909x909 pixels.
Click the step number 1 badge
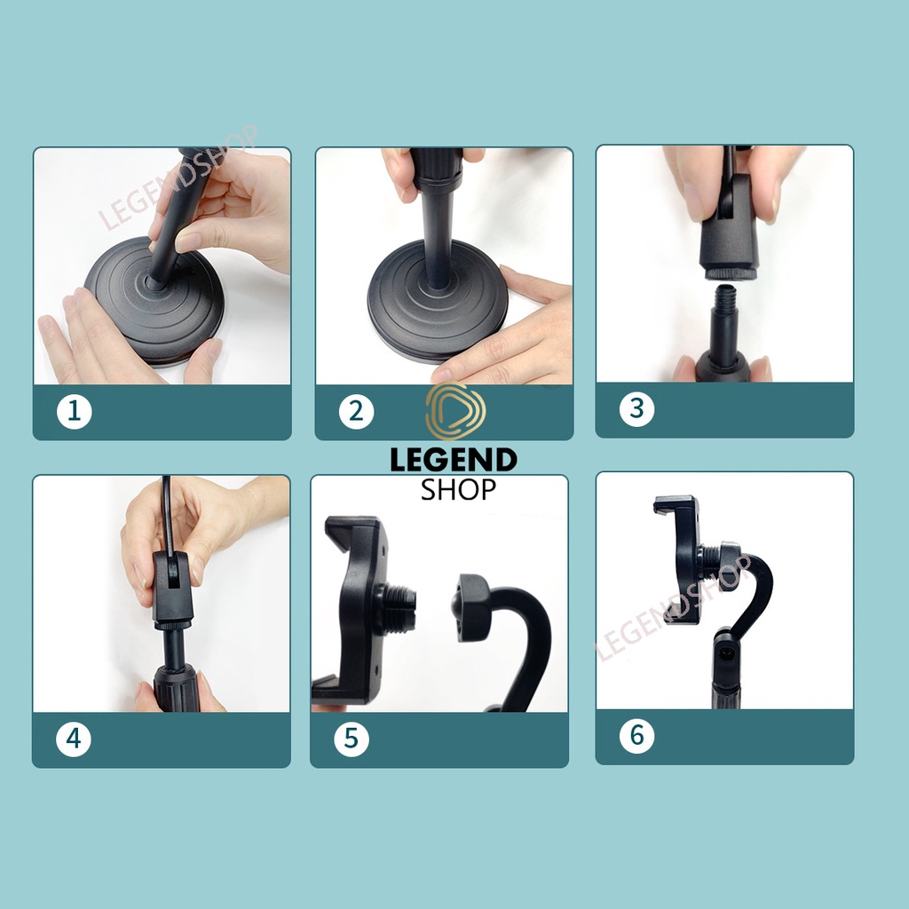pyautogui.click(x=75, y=411)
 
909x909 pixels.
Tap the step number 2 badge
pyautogui.click(x=356, y=411)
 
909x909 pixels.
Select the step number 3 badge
pyautogui.click(x=636, y=408)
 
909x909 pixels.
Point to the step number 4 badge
pyautogui.click(x=74, y=739)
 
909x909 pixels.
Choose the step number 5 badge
pyautogui.click(x=352, y=739)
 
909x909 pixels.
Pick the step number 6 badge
pyautogui.click(x=636, y=735)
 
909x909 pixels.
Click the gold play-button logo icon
pyautogui.click(x=455, y=410)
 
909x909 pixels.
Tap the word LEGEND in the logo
pyautogui.click(x=454, y=460)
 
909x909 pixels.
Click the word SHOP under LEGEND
pyautogui.click(x=458, y=490)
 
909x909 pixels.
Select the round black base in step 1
pyautogui.click(x=154, y=302)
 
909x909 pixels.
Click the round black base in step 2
pyautogui.click(x=438, y=302)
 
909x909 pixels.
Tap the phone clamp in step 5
pyautogui.click(x=353, y=609)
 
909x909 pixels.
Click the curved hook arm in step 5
pyautogui.click(x=510, y=637)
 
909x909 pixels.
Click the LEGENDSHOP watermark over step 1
pyautogui.click(x=178, y=177)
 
